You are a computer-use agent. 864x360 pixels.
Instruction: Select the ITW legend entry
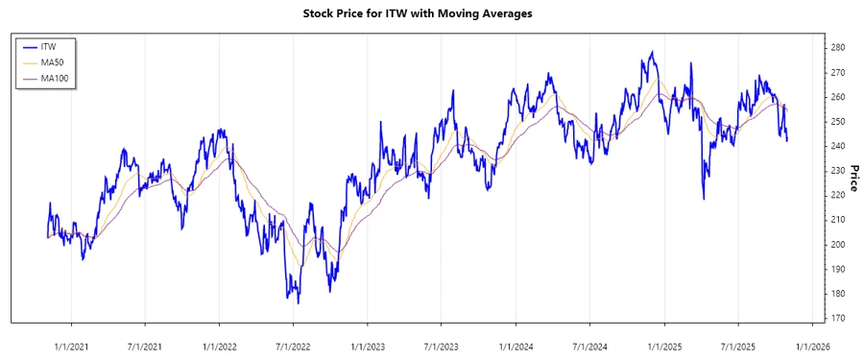point(48,46)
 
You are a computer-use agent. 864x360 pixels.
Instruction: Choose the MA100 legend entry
point(55,78)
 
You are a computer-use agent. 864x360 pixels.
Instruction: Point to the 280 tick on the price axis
point(837,47)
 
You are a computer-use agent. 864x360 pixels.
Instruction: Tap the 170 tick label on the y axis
point(837,318)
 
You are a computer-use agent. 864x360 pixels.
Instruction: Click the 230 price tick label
point(837,171)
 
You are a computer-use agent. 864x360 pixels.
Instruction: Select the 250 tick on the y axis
point(837,122)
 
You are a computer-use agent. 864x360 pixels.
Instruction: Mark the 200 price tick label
point(837,245)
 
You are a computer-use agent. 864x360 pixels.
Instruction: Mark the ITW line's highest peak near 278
point(653,52)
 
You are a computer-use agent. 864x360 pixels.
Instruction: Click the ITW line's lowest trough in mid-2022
point(298,302)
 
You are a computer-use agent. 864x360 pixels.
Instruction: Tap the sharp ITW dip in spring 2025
point(704,199)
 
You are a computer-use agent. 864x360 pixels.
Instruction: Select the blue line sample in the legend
point(29,46)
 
